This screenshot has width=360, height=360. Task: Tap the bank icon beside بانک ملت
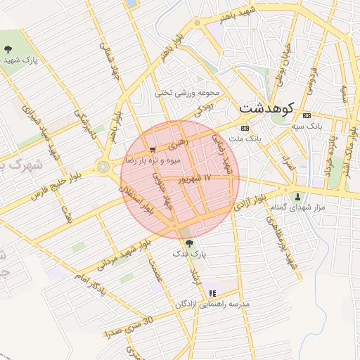[x=245, y=128]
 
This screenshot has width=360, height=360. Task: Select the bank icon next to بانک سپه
[x=305, y=115]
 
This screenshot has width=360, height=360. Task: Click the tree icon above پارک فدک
[x=188, y=243]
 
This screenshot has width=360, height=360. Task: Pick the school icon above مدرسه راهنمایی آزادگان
[x=212, y=293]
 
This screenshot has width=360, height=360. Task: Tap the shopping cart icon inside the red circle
[x=153, y=150]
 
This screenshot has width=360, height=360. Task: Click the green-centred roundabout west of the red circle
[x=104, y=167]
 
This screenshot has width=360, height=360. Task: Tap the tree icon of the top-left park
[x=8, y=49]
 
